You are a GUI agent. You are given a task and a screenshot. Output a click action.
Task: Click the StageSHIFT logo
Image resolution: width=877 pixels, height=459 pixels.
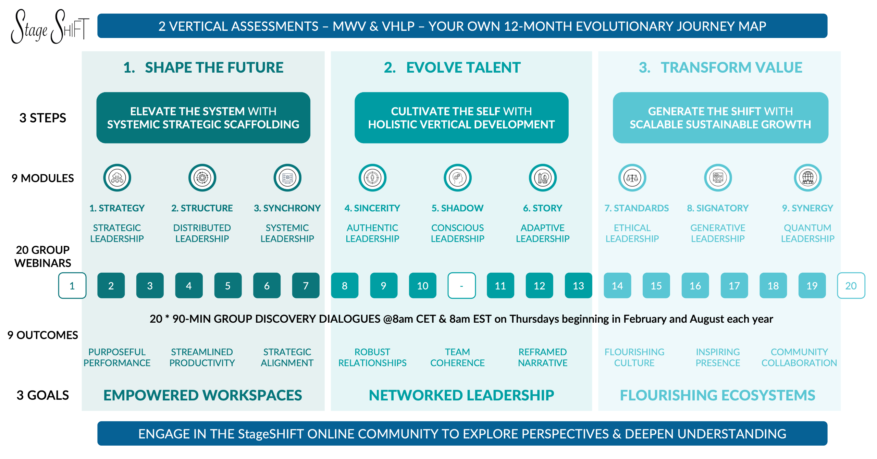(x=50, y=27)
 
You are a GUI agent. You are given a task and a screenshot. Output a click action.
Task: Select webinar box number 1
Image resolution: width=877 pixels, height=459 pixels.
(x=72, y=286)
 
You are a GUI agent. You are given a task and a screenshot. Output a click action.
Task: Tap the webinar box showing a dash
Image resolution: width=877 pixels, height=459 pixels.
(x=461, y=286)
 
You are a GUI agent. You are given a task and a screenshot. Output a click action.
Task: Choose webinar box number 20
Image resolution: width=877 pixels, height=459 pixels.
(x=851, y=286)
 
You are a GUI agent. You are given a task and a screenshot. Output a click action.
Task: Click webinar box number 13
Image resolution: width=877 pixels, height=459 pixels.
(x=578, y=286)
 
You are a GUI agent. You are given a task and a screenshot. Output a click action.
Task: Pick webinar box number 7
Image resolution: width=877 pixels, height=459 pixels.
(x=306, y=286)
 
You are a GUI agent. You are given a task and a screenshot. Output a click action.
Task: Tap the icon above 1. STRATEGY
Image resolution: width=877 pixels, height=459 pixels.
(x=117, y=178)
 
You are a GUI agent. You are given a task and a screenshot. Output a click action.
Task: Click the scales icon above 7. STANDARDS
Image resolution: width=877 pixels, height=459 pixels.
(x=632, y=178)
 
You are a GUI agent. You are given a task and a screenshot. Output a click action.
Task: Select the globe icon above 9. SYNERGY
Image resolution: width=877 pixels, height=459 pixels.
(x=808, y=178)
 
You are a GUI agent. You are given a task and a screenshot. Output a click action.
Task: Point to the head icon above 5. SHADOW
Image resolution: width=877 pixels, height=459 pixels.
(x=457, y=178)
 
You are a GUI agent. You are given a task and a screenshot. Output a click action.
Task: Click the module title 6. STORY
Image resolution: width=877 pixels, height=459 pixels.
(x=542, y=208)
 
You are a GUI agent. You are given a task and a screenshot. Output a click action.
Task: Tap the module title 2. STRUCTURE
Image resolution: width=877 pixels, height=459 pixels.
(x=202, y=208)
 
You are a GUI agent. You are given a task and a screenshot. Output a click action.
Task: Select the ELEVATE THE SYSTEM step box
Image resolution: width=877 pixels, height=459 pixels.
(x=203, y=117)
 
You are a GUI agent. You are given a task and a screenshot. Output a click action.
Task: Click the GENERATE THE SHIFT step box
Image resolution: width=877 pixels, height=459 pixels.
(x=720, y=117)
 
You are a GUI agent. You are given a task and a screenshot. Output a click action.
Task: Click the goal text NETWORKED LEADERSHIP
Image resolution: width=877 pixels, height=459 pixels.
(x=461, y=395)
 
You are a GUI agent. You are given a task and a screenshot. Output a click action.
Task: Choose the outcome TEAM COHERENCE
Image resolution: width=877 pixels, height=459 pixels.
(x=457, y=357)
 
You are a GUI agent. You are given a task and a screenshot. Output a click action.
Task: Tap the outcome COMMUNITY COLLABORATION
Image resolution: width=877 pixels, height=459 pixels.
(x=799, y=357)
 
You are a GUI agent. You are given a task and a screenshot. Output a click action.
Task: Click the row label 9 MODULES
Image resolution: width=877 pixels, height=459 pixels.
(x=42, y=178)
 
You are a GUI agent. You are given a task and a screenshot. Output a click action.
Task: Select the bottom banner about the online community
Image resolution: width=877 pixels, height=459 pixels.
(x=462, y=434)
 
